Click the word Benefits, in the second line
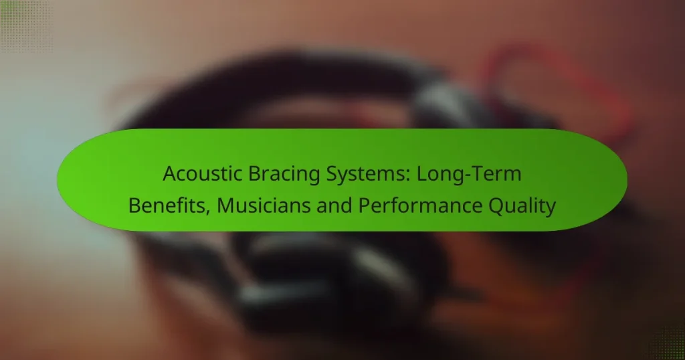point(165,205)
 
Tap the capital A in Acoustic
point(169,175)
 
